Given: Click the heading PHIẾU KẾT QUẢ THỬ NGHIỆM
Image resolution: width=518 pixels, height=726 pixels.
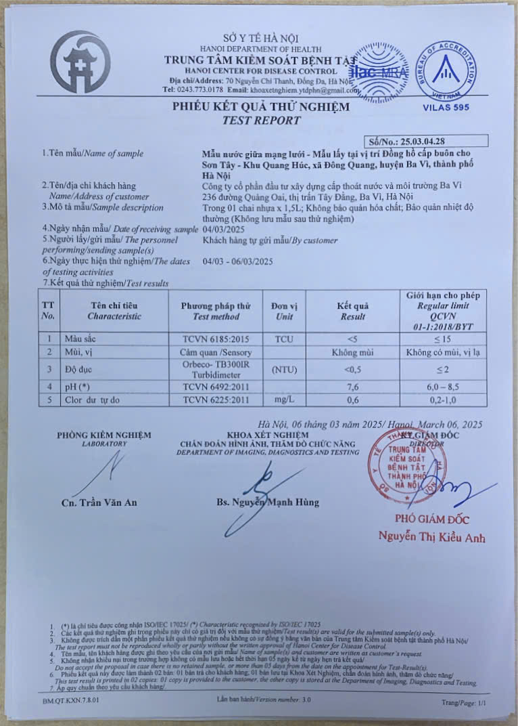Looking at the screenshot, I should click(x=261, y=107).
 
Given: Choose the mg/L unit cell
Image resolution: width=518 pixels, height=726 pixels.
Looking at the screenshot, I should click(x=284, y=400).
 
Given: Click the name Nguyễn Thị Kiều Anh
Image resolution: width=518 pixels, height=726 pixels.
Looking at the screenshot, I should click(x=432, y=538).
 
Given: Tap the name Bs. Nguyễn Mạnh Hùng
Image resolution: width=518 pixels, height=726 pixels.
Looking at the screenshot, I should click(x=268, y=503).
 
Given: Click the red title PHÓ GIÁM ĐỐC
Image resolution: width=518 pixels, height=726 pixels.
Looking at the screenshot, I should click(x=432, y=519).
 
